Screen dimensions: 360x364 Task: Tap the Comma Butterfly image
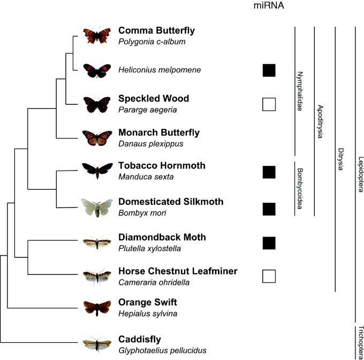pyautogui.click(x=97, y=35)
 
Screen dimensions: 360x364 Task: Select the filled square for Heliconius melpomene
pyautogui.click(x=269, y=70)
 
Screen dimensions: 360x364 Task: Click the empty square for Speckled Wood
pyautogui.click(x=269, y=104)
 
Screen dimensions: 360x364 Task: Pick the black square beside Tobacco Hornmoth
pyautogui.click(x=269, y=172)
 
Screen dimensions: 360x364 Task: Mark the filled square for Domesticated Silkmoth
pyautogui.click(x=269, y=209)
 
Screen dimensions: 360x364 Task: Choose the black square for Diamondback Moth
pyautogui.click(x=269, y=243)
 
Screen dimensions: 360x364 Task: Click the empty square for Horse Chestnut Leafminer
pyautogui.click(x=269, y=276)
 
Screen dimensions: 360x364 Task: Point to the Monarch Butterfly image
pyautogui.click(x=97, y=137)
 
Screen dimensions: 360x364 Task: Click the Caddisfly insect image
pyautogui.click(x=97, y=344)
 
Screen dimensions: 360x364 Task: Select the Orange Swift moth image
pyautogui.click(x=97, y=307)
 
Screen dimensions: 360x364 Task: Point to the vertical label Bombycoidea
pyautogui.click(x=300, y=188)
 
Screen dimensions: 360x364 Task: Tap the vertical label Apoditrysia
pyautogui.click(x=320, y=121)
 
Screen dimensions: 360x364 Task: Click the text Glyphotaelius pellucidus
pyautogui.click(x=162, y=350)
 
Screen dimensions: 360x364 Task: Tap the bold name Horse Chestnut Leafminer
pyautogui.click(x=178, y=271)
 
